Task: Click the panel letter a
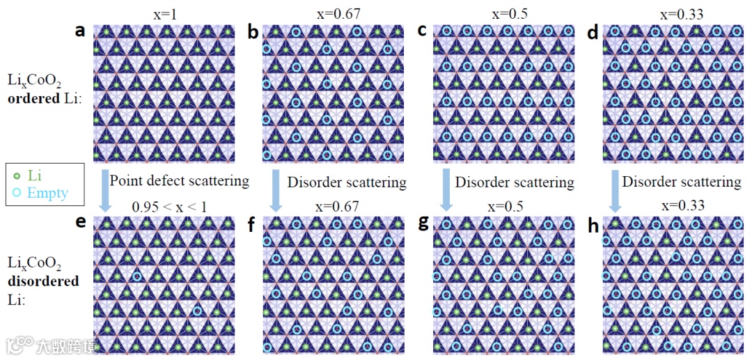coord(81,31)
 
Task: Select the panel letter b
coord(253,31)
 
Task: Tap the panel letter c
coord(422,31)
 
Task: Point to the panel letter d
coord(593,31)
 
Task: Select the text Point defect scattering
coord(179,181)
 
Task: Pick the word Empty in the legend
coord(47,193)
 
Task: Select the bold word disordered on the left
coord(43,281)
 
